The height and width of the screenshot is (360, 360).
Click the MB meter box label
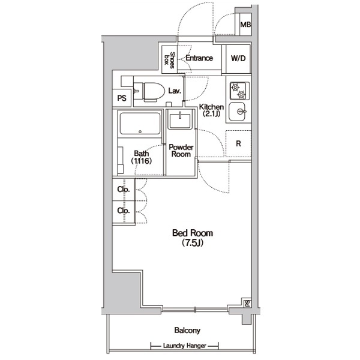[x=245, y=25]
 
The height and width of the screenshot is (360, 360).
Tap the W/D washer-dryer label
[x=238, y=58]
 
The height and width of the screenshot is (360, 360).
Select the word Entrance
[x=199, y=58]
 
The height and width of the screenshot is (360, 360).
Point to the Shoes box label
[x=169, y=60]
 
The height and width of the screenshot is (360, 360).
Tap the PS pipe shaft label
[x=122, y=98]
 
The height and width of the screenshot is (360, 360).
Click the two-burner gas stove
[x=238, y=91]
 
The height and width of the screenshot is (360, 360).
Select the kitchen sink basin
[x=238, y=112]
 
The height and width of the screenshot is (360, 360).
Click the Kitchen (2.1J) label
[x=211, y=110]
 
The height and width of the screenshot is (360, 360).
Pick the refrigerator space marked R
[x=238, y=143]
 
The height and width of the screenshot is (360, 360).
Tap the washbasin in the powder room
[x=180, y=120]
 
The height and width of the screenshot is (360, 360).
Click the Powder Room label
[x=181, y=151]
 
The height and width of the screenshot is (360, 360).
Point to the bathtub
[x=140, y=124]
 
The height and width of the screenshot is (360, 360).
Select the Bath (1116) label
[x=142, y=157]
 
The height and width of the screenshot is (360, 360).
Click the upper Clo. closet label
[x=124, y=190]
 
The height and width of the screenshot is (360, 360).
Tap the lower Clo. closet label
[x=124, y=211]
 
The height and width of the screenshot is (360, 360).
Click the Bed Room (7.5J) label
[x=193, y=238]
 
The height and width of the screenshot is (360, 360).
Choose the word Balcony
[x=187, y=331]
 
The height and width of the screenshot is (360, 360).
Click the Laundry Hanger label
[x=185, y=346]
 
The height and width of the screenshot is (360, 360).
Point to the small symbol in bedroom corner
[x=247, y=304]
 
